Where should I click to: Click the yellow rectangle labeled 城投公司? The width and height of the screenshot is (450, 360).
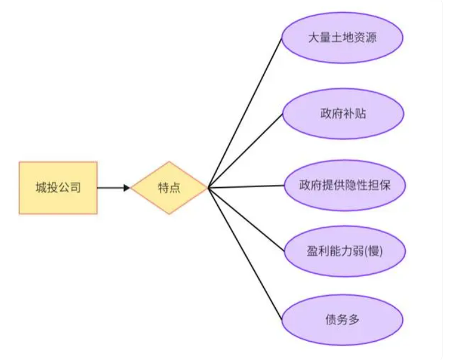tap(58, 188)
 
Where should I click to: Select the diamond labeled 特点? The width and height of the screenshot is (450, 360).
tap(169, 188)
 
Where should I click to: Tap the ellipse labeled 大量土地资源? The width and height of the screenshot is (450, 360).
tap(343, 38)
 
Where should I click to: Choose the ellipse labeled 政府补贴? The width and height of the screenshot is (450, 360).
tap(343, 113)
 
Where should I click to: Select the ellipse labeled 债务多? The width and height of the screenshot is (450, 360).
tap(343, 320)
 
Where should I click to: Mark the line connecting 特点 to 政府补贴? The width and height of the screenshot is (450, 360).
tap(245, 150)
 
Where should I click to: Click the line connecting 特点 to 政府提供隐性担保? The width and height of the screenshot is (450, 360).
tap(246, 187)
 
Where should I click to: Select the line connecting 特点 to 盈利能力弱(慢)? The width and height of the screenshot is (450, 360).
tap(246, 219)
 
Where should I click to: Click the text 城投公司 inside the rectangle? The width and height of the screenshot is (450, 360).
tap(58, 188)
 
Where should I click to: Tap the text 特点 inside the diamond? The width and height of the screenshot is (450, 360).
tap(169, 188)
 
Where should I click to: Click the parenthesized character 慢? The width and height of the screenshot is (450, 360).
tap(376, 251)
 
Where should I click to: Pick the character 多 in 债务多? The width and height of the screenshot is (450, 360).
tap(353, 320)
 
